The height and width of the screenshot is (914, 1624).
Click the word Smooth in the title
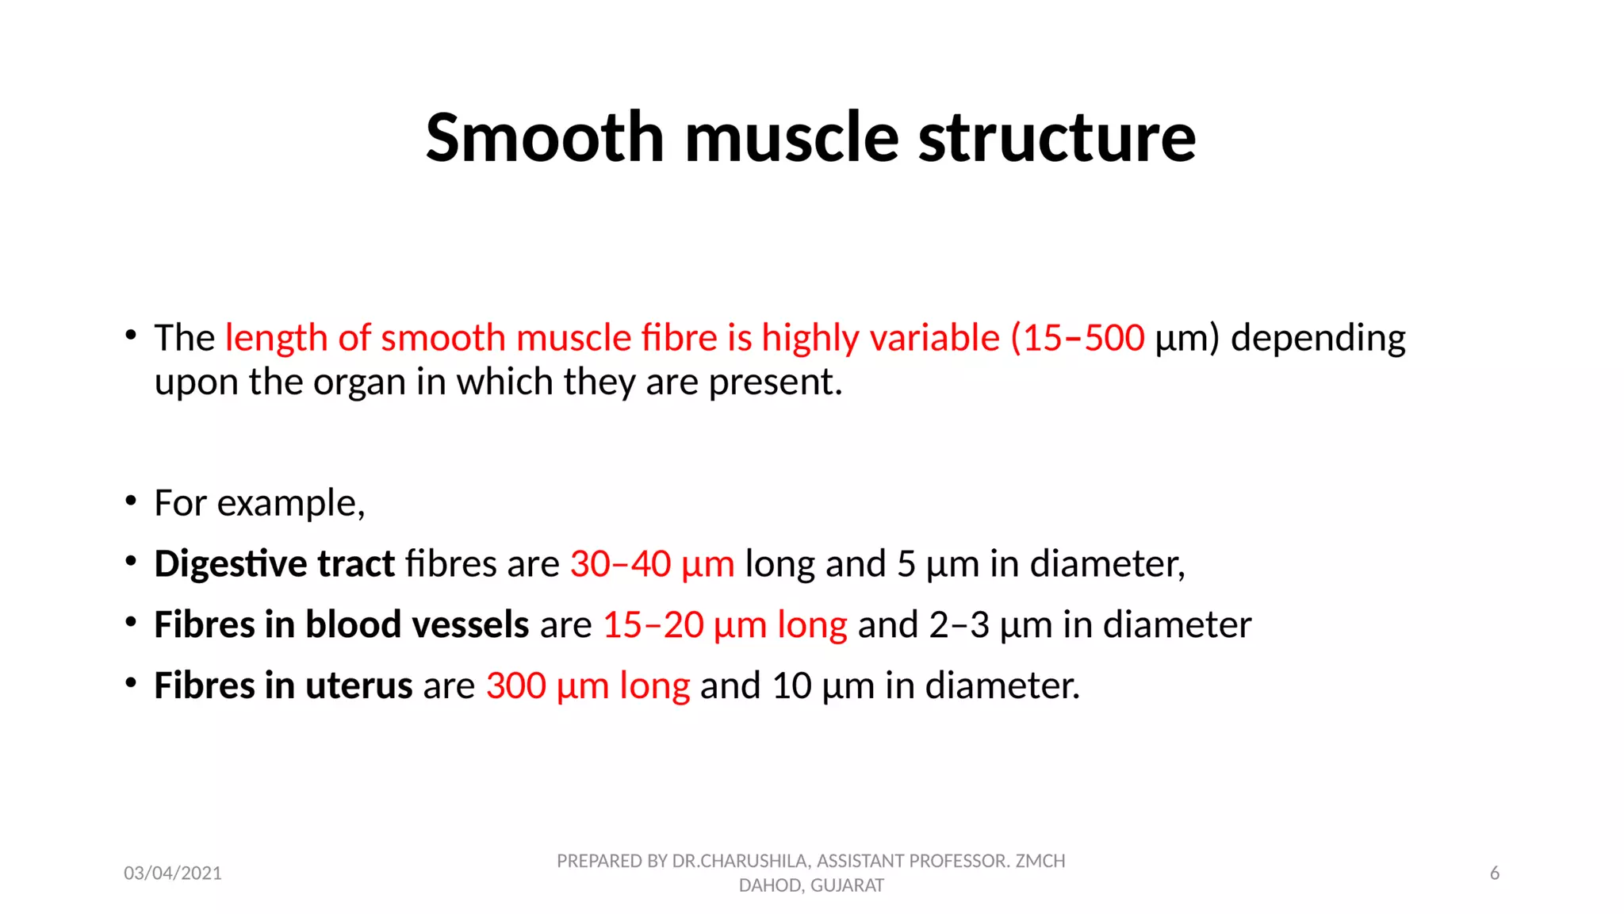click(x=544, y=138)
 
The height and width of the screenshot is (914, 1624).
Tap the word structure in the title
click(x=1056, y=138)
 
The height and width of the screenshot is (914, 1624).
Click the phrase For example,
click(x=259, y=503)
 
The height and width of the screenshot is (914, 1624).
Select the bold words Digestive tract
click(x=274, y=564)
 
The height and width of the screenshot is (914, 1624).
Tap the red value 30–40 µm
click(x=652, y=564)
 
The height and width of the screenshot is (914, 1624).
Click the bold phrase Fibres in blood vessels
click(x=341, y=624)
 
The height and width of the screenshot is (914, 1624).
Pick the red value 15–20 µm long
click(x=725, y=624)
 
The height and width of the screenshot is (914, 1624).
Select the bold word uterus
click(x=358, y=685)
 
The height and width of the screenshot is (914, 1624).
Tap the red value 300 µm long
click(x=588, y=685)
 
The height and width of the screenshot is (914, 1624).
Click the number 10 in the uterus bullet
click(x=791, y=685)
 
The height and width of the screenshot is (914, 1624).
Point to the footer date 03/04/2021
click(x=173, y=874)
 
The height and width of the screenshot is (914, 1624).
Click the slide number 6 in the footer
click(x=1494, y=874)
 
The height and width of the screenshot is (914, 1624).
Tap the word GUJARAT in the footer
click(x=847, y=885)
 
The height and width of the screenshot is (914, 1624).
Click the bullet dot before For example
click(x=131, y=501)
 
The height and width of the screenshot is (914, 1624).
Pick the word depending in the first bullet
click(x=1318, y=338)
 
